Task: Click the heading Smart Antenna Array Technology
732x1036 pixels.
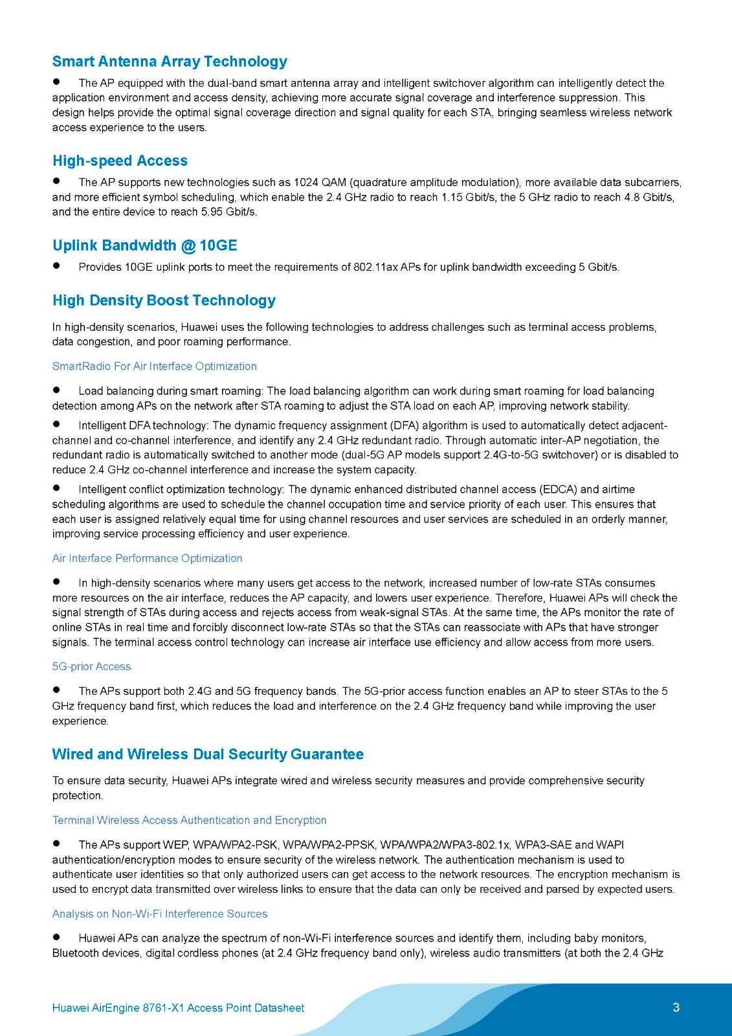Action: tap(170, 62)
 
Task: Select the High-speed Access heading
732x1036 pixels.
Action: tap(120, 161)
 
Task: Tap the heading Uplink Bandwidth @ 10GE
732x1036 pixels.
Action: tap(144, 245)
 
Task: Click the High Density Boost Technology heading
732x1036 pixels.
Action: tap(164, 300)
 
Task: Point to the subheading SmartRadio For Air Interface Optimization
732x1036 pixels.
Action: tap(154, 366)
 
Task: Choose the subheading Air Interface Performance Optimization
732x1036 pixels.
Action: tap(147, 558)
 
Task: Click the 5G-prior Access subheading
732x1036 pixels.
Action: tap(91, 666)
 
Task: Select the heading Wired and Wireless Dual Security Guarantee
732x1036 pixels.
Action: tap(208, 754)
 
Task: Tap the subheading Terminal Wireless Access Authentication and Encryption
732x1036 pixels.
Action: tap(189, 820)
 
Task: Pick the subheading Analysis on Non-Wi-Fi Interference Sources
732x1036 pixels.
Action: tap(159, 914)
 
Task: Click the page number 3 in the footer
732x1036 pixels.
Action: tap(676, 1008)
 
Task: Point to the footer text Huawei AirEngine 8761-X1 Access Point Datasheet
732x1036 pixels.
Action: tap(178, 1008)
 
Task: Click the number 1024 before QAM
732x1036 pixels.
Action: tap(306, 183)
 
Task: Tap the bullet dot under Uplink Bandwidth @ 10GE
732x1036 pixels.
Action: tap(57, 265)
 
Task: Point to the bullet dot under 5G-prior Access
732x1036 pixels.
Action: tap(57, 690)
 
